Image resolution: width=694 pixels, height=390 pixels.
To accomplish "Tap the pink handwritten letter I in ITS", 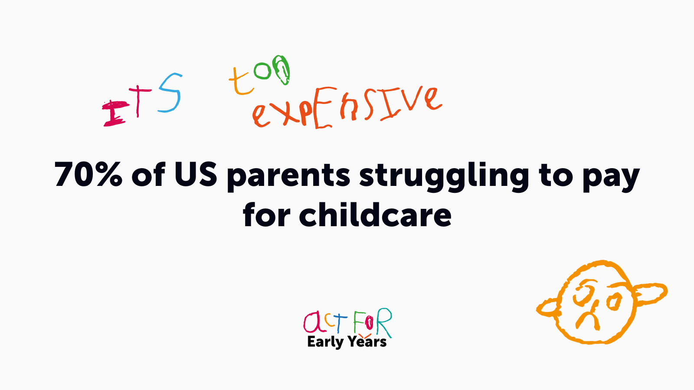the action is click(115, 114).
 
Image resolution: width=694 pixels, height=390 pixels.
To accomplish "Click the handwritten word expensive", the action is click(347, 107).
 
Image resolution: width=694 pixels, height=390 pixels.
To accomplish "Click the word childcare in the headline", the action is click(375, 214).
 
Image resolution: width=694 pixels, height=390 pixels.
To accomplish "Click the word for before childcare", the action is click(266, 214).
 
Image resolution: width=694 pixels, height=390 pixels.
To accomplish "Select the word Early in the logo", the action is click(325, 342).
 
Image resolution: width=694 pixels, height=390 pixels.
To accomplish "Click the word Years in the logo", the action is click(367, 341).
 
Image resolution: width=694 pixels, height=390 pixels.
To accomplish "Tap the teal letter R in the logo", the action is click(383, 322).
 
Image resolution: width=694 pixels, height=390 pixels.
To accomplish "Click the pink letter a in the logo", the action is click(311, 322).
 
